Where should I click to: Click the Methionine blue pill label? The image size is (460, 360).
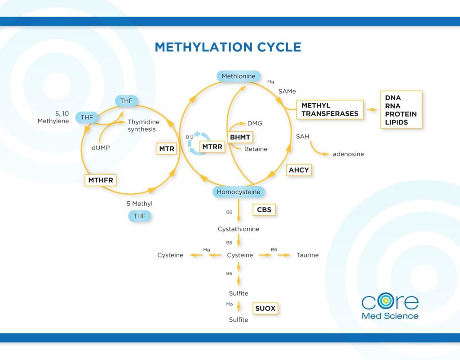(x=238, y=76)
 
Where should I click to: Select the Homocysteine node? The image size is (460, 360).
(x=239, y=192)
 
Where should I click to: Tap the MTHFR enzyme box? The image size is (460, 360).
(x=101, y=181)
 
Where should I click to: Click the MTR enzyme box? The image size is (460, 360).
(x=167, y=149)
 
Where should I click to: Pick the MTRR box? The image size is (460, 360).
(x=212, y=147)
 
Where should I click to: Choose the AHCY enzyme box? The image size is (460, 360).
(x=299, y=170)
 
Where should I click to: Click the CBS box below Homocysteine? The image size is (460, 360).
(x=264, y=210)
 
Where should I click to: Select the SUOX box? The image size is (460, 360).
(x=265, y=309)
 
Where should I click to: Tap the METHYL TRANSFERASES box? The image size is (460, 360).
(x=330, y=110)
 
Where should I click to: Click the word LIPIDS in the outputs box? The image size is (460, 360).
(x=396, y=122)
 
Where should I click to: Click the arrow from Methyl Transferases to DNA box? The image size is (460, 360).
(x=371, y=110)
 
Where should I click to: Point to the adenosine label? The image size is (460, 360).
(x=348, y=154)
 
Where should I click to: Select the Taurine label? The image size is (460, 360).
(x=308, y=255)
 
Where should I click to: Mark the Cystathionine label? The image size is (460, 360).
(x=239, y=229)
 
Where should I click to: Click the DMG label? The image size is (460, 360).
(x=255, y=123)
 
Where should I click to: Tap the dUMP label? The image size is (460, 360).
(x=101, y=147)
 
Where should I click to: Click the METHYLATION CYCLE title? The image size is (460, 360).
(x=228, y=47)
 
